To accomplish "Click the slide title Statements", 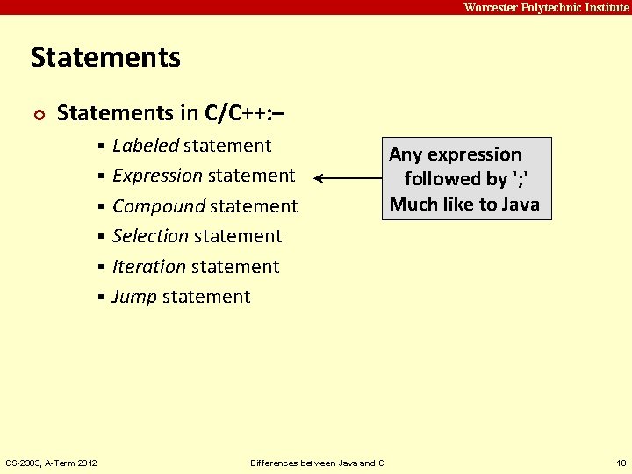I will click(105, 58).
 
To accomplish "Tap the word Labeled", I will click(146, 146).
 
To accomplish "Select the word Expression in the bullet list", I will click(157, 176).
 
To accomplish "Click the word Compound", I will click(158, 206).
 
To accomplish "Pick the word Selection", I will click(150, 236).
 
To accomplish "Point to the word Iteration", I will click(149, 267).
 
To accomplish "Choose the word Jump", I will click(134, 297).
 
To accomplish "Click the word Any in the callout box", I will click(406, 154).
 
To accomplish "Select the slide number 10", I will click(621, 463).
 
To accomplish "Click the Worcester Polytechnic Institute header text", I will click(546, 7).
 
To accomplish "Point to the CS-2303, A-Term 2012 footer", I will click(52, 463).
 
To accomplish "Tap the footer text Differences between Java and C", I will click(317, 463).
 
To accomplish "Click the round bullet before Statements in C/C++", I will click(38, 114).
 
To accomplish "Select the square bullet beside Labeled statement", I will click(102, 146).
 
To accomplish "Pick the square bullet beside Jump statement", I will click(102, 298).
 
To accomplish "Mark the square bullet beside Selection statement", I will click(102, 237).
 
